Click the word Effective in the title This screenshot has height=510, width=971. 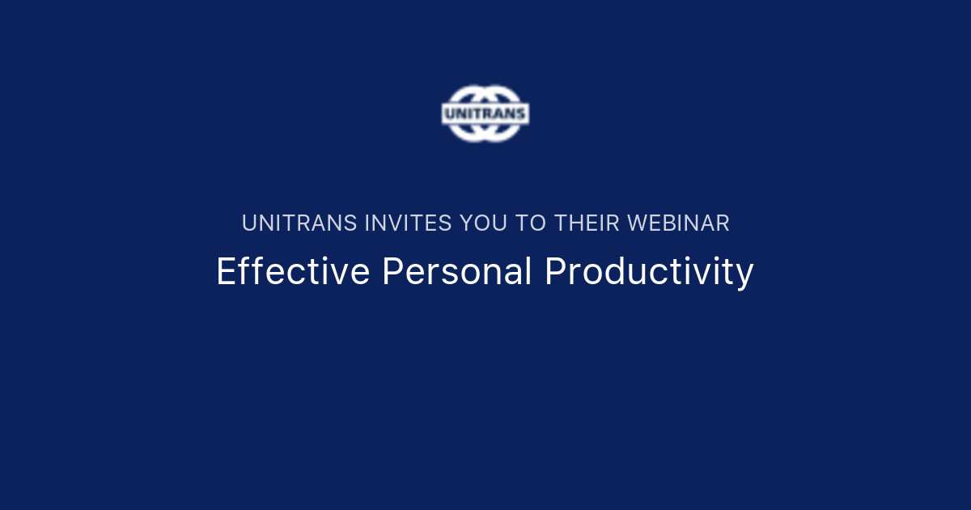pyautogui.click(x=293, y=272)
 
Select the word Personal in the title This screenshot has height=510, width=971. pyautogui.click(x=457, y=272)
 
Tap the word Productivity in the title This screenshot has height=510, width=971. pyautogui.click(x=649, y=272)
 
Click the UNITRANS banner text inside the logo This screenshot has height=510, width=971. pyautogui.click(x=485, y=113)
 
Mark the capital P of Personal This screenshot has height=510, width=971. pyautogui.click(x=391, y=272)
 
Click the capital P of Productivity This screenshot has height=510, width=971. pyautogui.click(x=554, y=272)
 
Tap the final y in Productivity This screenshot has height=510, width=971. pyautogui.click(x=745, y=275)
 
